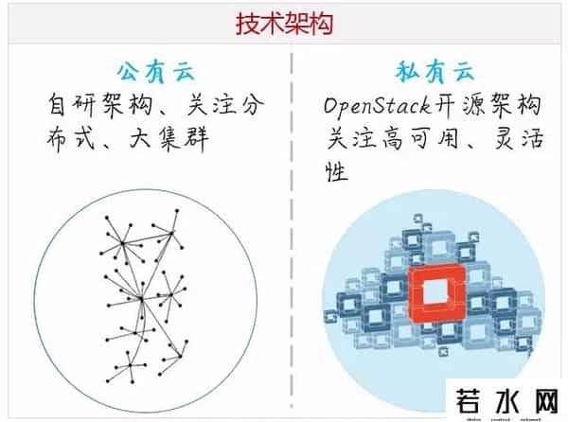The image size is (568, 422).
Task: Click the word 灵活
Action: click(x=517, y=140)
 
